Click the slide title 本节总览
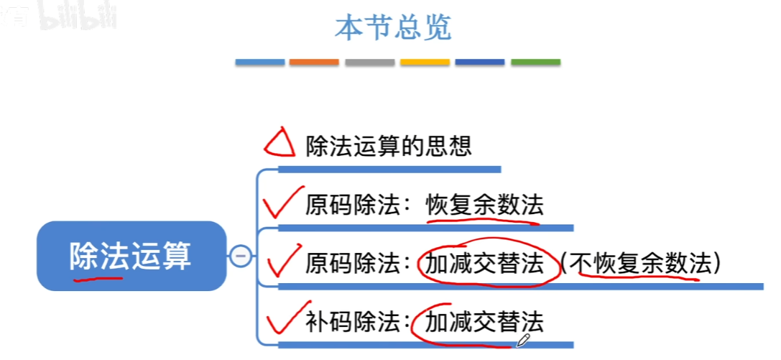(x=393, y=27)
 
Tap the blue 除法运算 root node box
(x=131, y=256)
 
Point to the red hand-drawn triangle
(x=279, y=144)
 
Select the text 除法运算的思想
(x=389, y=147)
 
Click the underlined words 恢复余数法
(x=484, y=206)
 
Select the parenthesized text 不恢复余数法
(x=639, y=264)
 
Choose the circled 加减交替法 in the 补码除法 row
(x=484, y=321)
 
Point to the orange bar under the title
(x=314, y=63)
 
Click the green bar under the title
(x=535, y=63)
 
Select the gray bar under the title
(x=369, y=63)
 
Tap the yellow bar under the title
(x=425, y=63)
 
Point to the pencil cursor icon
(x=522, y=338)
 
